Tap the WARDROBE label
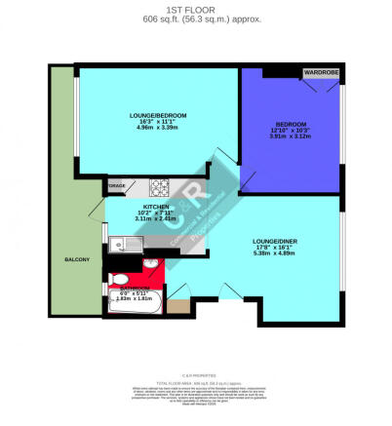click(x=320, y=72)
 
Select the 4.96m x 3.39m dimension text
click(x=158, y=130)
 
